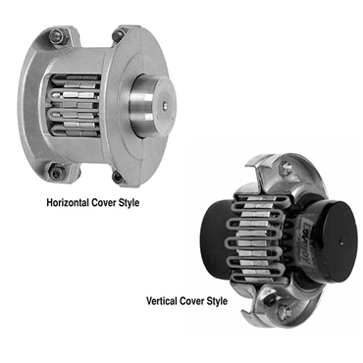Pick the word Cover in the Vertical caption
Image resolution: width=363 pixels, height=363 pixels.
(192, 300)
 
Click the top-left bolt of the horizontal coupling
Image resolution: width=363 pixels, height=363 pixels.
(55, 35)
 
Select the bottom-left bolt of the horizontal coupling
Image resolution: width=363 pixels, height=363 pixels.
(55, 173)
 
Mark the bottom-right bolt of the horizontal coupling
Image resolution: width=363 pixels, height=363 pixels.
(118, 177)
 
